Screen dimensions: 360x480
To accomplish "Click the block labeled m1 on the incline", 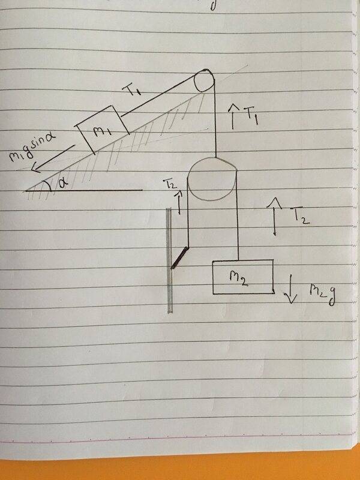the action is tap(103, 129).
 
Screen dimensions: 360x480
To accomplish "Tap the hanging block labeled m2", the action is tap(243, 277).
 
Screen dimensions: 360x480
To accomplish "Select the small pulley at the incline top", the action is tap(204, 80).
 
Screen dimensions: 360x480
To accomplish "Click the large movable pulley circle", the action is tap(212, 179).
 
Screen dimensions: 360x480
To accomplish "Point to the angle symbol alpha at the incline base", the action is tap(64, 184).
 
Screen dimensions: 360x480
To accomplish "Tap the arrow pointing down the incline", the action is tap(53, 158).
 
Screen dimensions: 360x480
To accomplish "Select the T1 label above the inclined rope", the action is tap(131, 89).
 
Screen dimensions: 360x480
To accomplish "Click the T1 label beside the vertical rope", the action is tap(252, 117).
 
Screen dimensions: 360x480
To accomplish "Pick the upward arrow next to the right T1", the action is tap(234, 116).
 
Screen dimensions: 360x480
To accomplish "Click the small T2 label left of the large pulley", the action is tap(170, 184).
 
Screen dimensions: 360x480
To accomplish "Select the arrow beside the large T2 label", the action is tap(275, 216).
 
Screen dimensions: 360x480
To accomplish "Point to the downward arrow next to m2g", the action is tap(291, 289).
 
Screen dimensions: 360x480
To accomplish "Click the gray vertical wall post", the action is tap(169, 260).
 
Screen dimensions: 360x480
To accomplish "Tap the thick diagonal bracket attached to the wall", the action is tap(179, 257).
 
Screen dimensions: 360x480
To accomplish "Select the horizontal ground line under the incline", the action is tap(84, 190).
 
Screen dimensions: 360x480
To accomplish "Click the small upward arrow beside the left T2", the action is tap(179, 202).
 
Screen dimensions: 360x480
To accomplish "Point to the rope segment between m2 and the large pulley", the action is tap(238, 214).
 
